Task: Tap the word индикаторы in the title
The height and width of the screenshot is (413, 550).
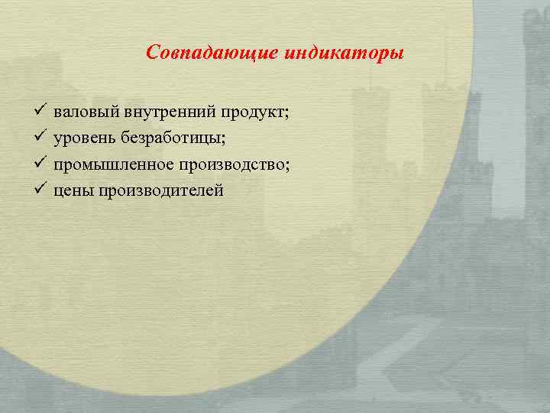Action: pyautogui.click(x=345, y=54)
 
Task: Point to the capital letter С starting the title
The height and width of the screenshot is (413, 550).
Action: pyautogui.click(x=152, y=54)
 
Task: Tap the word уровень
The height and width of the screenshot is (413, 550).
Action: pyautogui.click(x=83, y=138)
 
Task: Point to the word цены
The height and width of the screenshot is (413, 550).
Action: pyautogui.click(x=71, y=190)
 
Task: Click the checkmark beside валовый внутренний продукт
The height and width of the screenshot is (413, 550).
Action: pyautogui.click(x=40, y=112)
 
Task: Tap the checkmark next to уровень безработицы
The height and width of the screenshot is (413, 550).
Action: pyautogui.click(x=40, y=138)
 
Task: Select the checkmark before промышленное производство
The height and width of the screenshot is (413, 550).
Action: pyautogui.click(x=40, y=164)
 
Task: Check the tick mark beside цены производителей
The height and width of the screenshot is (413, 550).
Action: pyautogui.click(x=40, y=189)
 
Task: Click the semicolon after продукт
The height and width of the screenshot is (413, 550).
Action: pyautogui.click(x=287, y=115)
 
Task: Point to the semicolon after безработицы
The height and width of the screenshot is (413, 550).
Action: pyautogui.click(x=232, y=140)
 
